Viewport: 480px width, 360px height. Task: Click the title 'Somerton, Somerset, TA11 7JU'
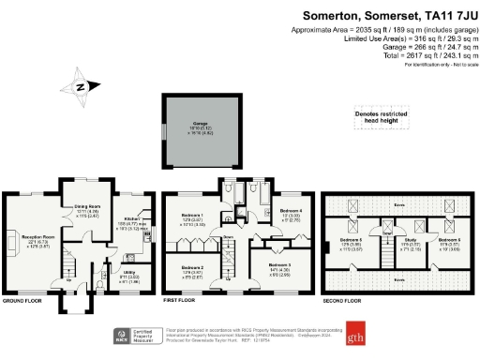point(392,15)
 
